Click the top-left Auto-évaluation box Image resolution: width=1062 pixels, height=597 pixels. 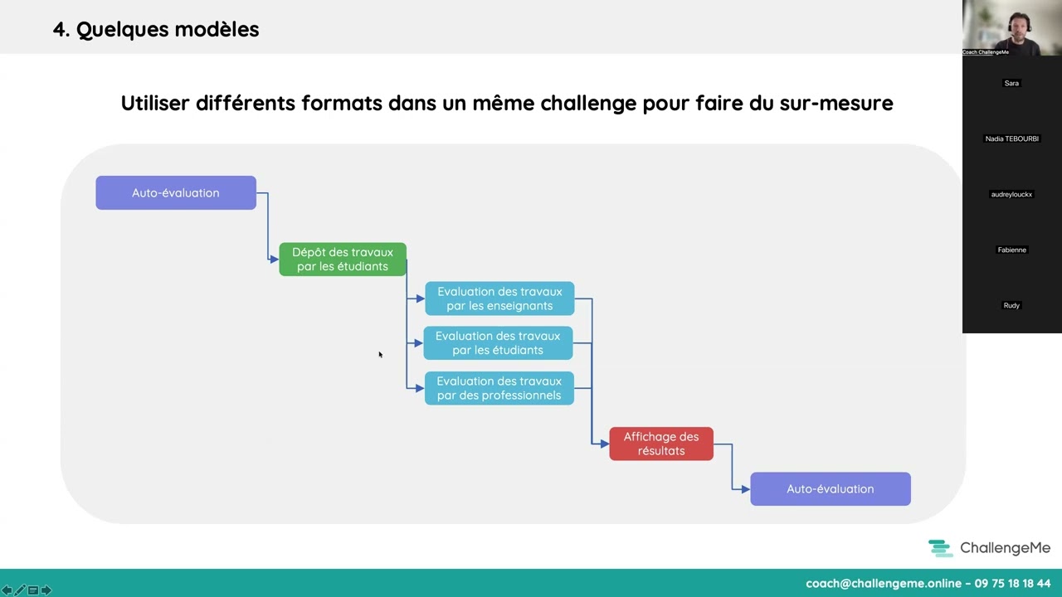[x=176, y=192]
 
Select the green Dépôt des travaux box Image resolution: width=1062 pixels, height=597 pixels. [x=342, y=260]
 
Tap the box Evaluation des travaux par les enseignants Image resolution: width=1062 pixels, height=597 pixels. [x=499, y=298]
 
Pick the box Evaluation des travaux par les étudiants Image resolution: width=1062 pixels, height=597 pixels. [x=498, y=343]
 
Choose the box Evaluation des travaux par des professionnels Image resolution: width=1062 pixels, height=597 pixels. [x=499, y=388]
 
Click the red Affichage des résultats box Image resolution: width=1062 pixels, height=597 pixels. [x=661, y=444]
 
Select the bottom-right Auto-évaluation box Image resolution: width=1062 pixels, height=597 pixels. [x=830, y=489]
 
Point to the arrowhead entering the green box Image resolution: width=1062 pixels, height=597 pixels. [x=274, y=260]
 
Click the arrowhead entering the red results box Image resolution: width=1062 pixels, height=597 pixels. [x=604, y=444]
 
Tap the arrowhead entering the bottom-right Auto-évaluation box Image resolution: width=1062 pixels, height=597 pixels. [x=745, y=489]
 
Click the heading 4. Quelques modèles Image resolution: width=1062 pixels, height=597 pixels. [x=156, y=30]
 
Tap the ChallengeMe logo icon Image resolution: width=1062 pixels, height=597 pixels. [x=940, y=548]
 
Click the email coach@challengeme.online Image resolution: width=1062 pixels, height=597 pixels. [x=883, y=584]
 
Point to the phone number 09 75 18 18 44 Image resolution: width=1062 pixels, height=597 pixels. [x=1012, y=584]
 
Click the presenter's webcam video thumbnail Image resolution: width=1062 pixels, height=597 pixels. [x=1012, y=27]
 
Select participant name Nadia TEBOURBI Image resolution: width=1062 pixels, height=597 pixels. [x=1012, y=138]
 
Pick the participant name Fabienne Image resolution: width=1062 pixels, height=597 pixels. [x=1012, y=250]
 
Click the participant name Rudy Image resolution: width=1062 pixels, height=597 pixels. [x=1011, y=305]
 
